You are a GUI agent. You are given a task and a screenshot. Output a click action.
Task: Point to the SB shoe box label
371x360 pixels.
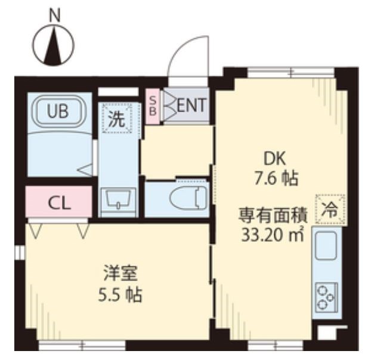coord(153,106)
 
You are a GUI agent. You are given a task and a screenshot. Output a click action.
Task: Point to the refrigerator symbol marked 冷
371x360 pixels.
coord(330,209)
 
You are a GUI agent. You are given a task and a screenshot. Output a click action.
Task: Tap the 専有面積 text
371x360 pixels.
coord(272,213)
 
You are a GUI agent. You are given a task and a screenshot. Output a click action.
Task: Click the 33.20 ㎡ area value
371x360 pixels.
coord(272,234)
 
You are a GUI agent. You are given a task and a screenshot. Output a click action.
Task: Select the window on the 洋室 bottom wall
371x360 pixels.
coord(82,344)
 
